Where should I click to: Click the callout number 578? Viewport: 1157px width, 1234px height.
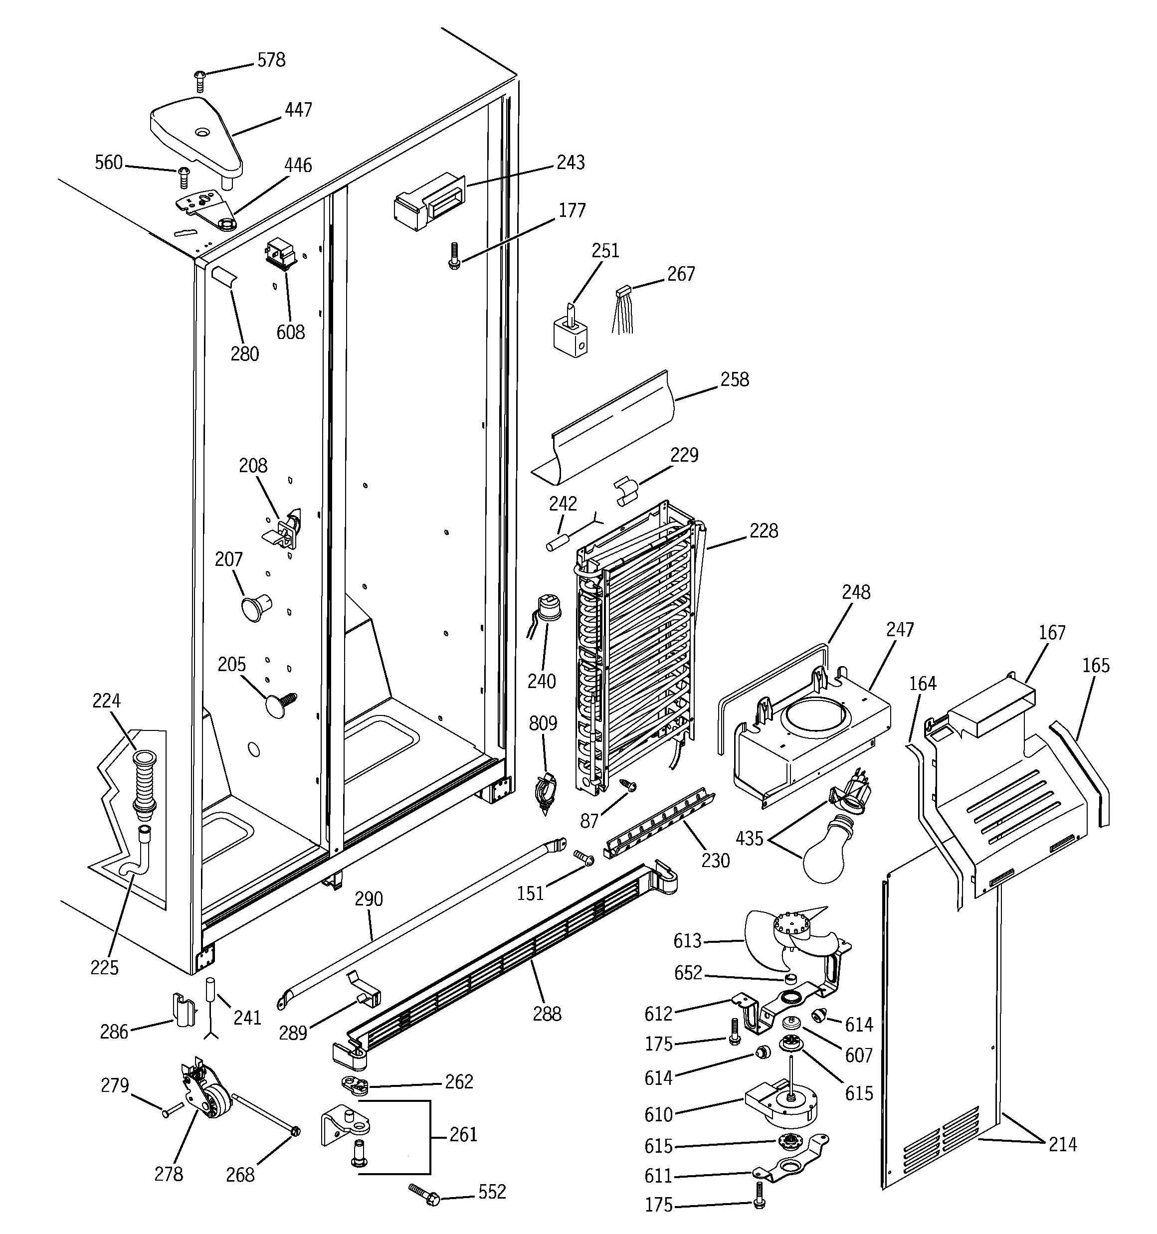[x=271, y=60]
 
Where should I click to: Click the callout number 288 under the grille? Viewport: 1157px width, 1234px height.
[x=547, y=1014]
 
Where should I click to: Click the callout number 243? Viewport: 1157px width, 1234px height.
[x=570, y=163]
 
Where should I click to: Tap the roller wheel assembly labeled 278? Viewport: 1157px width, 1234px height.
[x=208, y=1102]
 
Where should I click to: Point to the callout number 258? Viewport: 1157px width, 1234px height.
[x=734, y=380]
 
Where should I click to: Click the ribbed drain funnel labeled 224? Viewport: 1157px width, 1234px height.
[x=144, y=782]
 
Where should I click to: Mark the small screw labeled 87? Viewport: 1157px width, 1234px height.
[x=631, y=786]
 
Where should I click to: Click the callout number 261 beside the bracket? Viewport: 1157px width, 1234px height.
[x=463, y=1135]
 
